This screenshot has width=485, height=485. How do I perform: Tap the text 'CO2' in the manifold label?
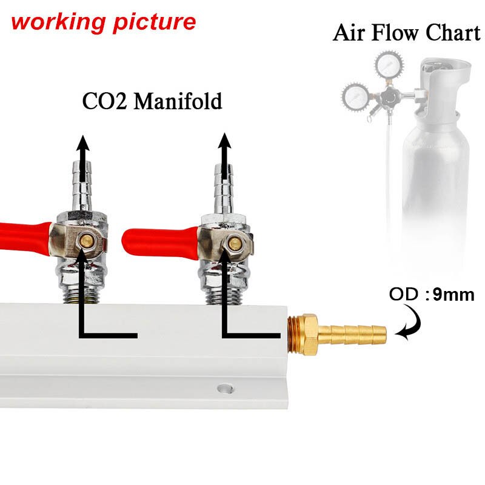(x=104, y=101)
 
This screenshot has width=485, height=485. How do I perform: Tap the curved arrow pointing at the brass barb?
(x=406, y=324)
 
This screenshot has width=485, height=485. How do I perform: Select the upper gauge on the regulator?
(x=386, y=63)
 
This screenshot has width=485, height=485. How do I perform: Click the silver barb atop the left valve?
(x=84, y=188)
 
